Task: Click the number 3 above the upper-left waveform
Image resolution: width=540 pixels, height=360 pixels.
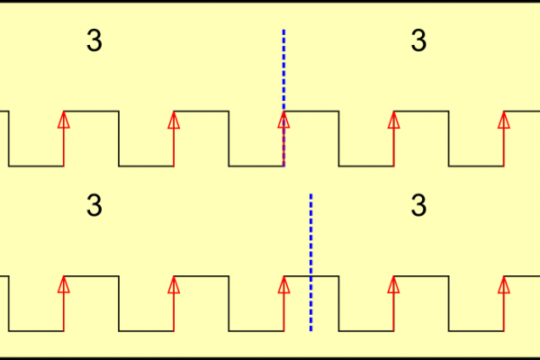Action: (x=94, y=41)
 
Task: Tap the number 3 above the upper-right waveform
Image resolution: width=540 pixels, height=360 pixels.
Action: (x=418, y=41)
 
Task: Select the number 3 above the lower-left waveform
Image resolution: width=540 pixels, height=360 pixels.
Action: (x=94, y=206)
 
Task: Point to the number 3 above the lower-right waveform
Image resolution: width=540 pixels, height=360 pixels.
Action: (x=418, y=206)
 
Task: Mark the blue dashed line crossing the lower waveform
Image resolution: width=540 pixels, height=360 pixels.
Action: (x=310, y=234)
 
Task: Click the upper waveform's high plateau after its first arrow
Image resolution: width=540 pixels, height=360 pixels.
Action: (x=91, y=112)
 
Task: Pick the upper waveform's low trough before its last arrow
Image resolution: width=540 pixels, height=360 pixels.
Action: (x=476, y=166)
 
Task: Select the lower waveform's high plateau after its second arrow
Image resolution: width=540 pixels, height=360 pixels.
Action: (x=202, y=276)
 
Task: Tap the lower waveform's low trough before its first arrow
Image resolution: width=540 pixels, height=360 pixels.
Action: (x=36, y=331)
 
